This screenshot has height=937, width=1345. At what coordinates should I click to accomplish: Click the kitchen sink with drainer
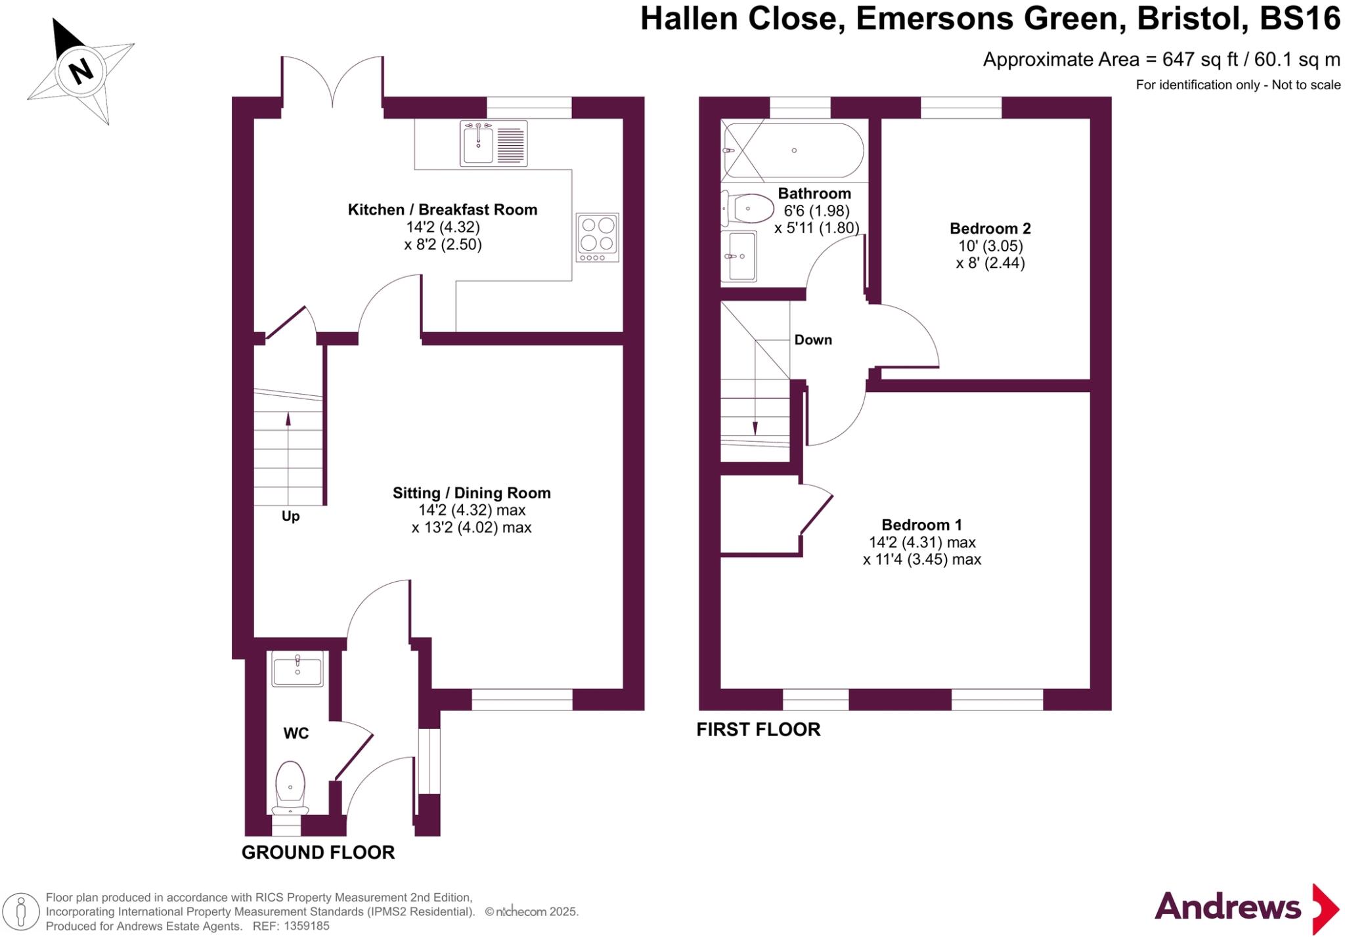(493, 143)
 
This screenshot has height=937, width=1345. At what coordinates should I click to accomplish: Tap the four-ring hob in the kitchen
(597, 237)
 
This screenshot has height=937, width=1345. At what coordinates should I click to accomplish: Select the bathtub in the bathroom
(793, 150)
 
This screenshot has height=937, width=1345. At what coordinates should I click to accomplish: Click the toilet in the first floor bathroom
(747, 209)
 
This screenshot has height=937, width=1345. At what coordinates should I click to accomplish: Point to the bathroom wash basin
(739, 256)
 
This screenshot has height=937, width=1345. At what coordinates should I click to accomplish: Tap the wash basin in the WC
(298, 669)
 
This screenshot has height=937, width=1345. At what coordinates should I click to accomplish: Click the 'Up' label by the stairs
(290, 516)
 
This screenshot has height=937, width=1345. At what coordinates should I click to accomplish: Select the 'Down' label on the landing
(813, 340)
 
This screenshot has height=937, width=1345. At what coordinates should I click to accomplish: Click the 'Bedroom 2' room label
(990, 229)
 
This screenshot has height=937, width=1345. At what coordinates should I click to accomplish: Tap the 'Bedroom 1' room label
(921, 525)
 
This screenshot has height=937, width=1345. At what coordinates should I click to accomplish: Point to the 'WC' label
(296, 733)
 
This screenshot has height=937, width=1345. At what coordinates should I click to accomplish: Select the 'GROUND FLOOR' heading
(318, 852)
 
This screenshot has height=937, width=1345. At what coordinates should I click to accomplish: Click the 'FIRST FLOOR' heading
(758, 730)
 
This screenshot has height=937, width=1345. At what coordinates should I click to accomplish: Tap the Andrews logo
(1245, 908)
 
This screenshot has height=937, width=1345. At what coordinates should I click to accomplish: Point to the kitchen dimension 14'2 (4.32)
(443, 227)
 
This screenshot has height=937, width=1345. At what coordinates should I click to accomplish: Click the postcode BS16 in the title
(1300, 18)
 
